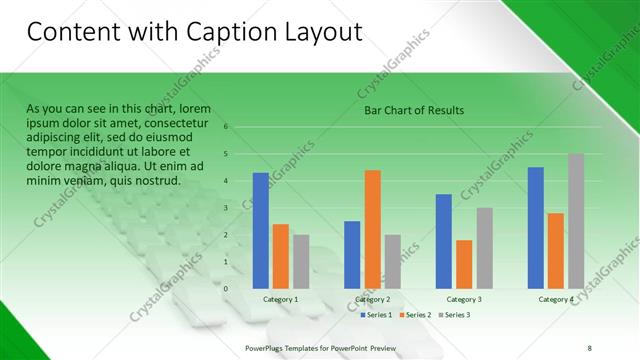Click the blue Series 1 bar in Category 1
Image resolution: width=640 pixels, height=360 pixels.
[261, 230]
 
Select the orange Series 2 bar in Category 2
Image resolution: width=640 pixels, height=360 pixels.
[372, 229]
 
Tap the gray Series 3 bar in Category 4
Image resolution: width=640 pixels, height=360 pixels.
[575, 221]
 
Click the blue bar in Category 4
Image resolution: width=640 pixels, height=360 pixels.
[535, 227]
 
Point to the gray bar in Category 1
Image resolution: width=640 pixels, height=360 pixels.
[301, 261]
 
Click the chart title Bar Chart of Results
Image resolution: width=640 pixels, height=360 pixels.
[413, 110]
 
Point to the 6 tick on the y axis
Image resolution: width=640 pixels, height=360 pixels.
[226, 127]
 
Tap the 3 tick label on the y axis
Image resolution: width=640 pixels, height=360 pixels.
[226, 208]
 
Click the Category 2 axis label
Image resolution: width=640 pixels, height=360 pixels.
[371, 299]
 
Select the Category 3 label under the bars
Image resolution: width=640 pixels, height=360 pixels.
[464, 299]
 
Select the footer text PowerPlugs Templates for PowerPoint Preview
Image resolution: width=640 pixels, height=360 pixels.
[321, 347]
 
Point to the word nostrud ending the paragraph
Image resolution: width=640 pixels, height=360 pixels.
[154, 181]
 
